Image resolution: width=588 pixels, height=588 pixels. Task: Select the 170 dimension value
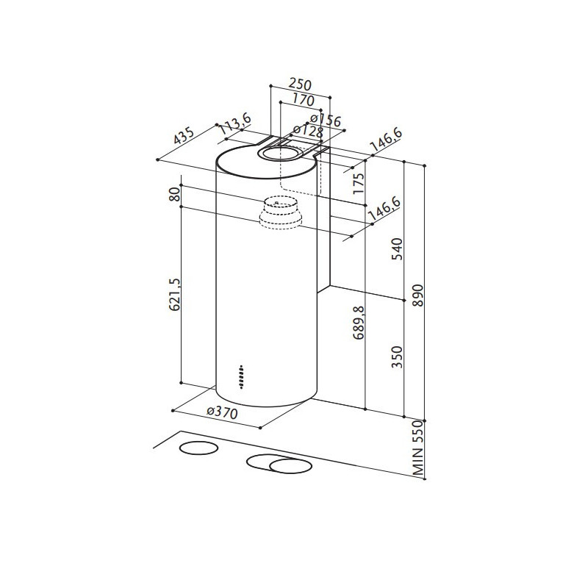tap(302, 100)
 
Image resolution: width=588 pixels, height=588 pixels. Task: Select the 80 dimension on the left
tap(175, 196)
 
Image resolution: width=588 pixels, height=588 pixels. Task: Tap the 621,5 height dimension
tap(175, 294)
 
